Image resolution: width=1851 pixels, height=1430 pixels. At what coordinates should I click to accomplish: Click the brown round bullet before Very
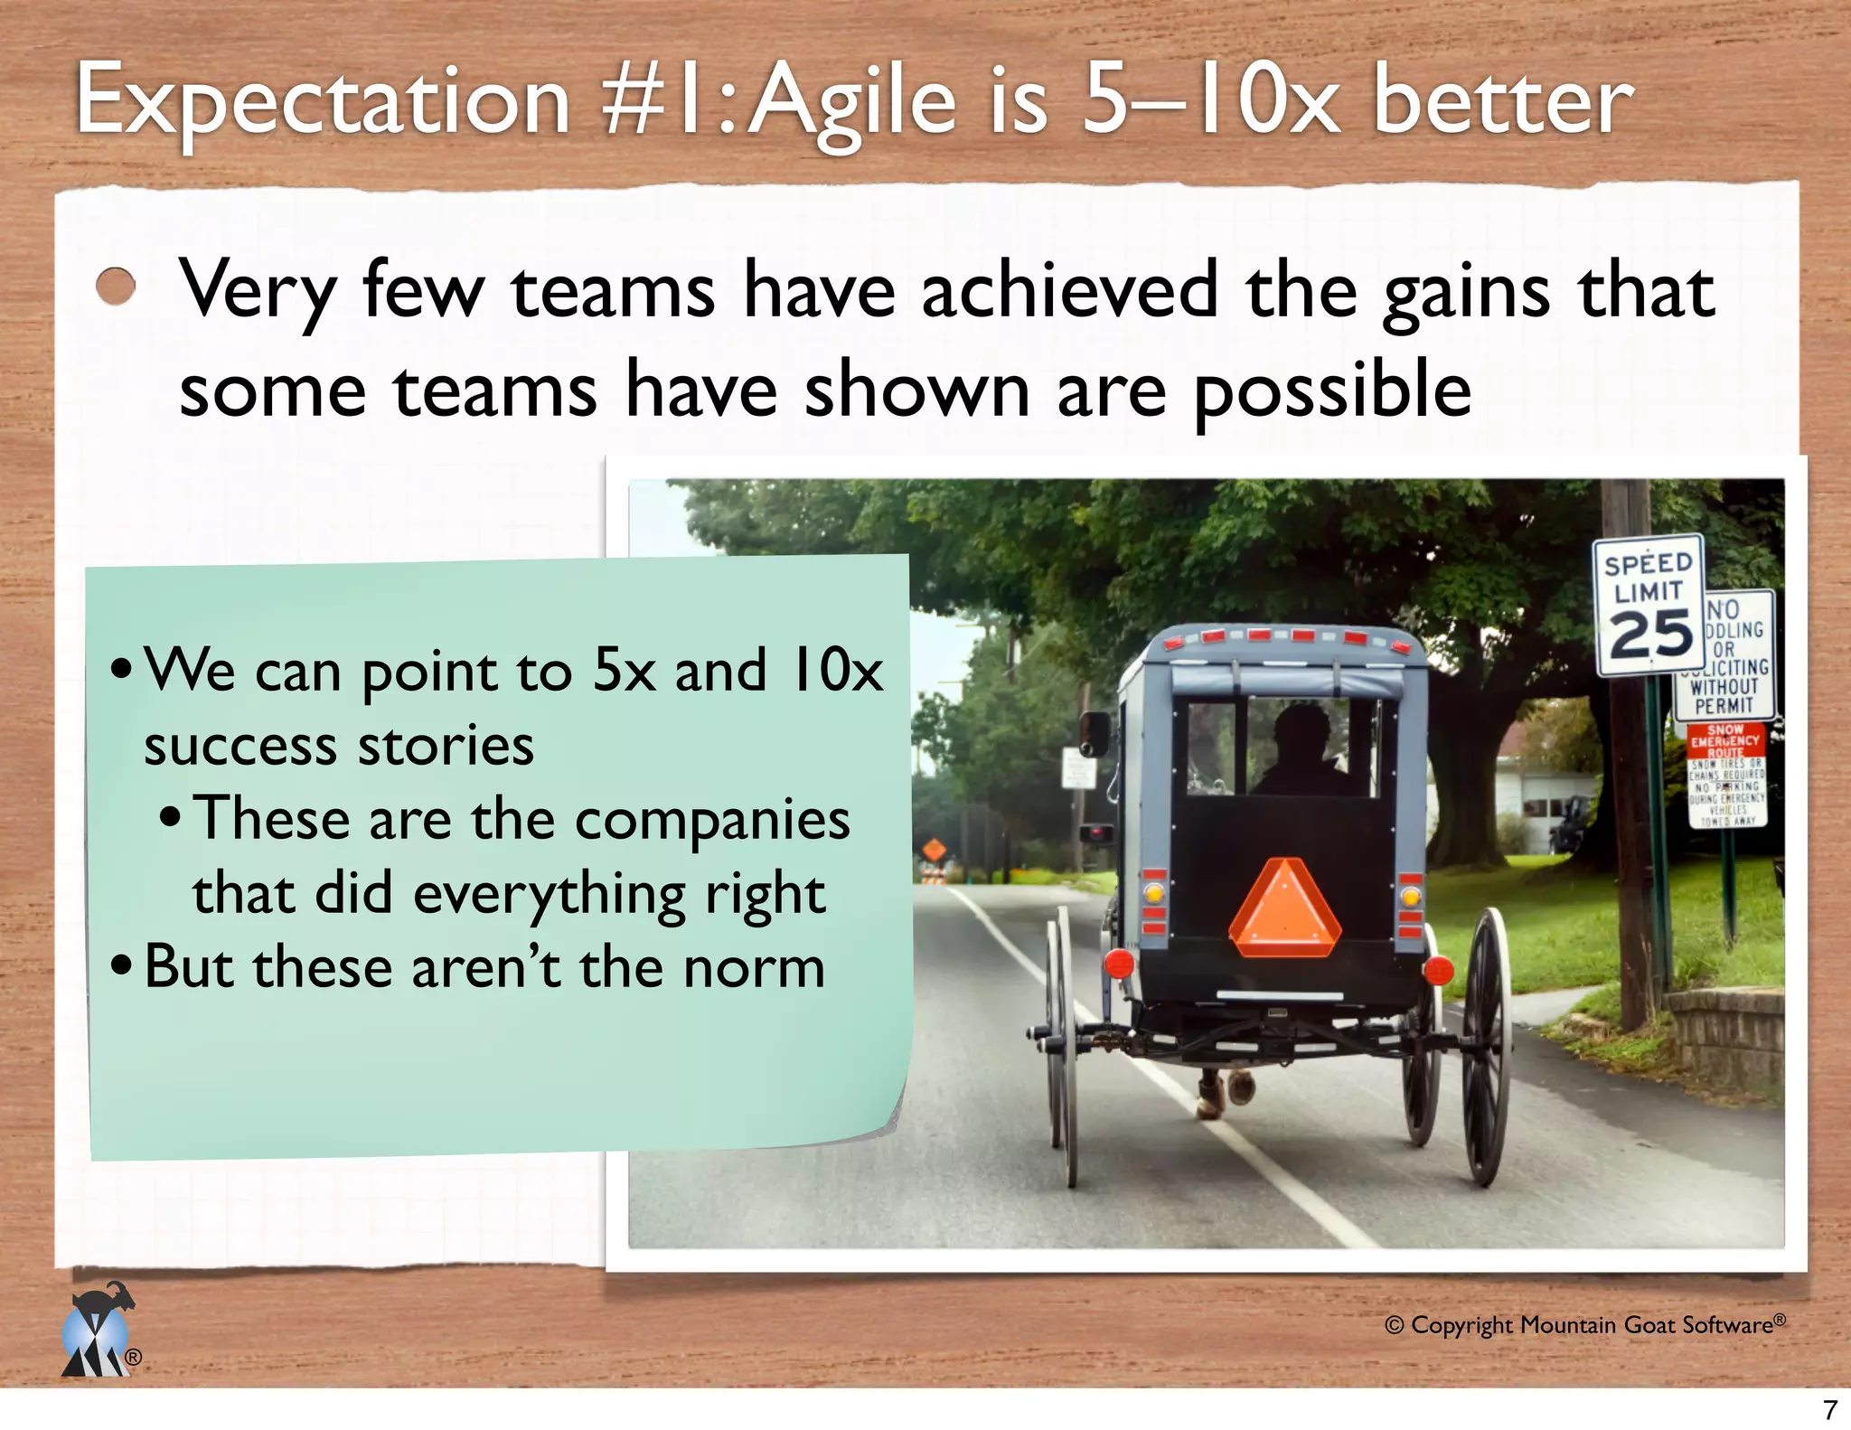point(116,287)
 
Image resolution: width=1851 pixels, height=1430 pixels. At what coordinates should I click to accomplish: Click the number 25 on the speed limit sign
point(1650,635)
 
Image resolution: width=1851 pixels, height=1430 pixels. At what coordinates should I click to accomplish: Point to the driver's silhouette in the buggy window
point(1301,751)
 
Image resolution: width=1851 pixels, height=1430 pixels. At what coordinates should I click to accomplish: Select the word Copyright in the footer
point(1461,1325)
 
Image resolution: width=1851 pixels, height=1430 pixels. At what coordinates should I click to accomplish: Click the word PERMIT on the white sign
point(1724,705)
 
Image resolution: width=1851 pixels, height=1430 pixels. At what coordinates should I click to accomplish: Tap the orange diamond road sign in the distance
point(934,850)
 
